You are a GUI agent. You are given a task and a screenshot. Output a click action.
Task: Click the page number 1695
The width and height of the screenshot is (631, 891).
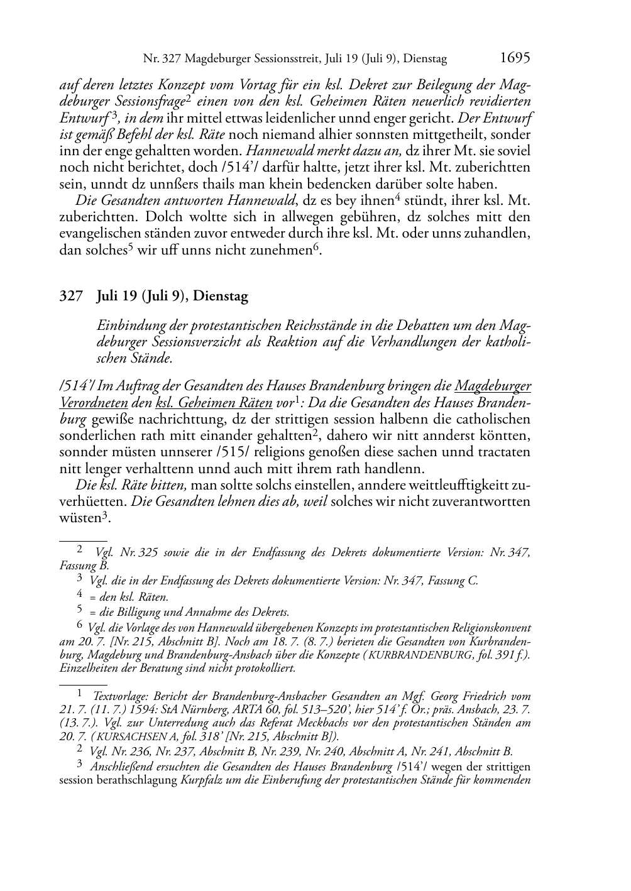tap(515, 58)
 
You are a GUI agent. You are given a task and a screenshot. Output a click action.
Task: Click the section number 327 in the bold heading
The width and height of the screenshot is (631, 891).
tap(70, 296)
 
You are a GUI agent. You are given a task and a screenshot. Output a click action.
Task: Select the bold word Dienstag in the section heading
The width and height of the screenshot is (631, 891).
tap(221, 296)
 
